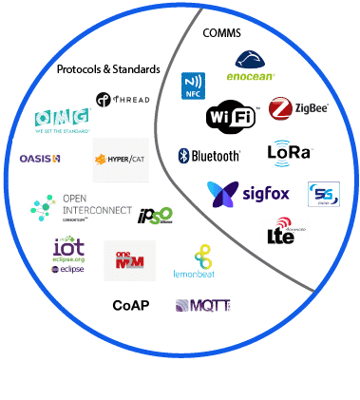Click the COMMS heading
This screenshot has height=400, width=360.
(x=222, y=32)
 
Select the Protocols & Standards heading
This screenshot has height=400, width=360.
(x=107, y=70)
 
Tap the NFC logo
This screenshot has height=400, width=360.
(x=194, y=86)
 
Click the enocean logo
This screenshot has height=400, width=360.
(x=252, y=67)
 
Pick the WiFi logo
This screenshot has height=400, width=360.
(x=231, y=118)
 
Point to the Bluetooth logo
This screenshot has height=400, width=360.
(x=210, y=155)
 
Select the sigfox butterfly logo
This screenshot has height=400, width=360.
(x=251, y=193)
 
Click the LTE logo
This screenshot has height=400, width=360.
(x=281, y=231)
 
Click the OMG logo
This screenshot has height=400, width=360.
(x=63, y=121)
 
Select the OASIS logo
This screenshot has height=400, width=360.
(x=40, y=158)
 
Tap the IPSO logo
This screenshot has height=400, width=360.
(x=154, y=216)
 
